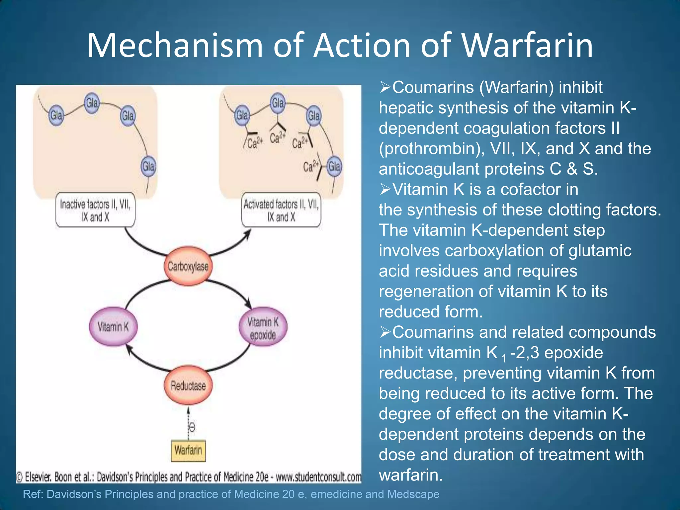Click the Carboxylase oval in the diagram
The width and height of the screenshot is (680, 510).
tap(188, 266)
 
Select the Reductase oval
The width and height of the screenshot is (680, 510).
tap(188, 385)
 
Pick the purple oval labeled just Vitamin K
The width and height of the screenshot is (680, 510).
tap(113, 327)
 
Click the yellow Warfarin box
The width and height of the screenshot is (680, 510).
tap(188, 451)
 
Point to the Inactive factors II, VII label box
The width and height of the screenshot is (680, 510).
tap(95, 210)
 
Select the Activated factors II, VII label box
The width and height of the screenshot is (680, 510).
tap(281, 210)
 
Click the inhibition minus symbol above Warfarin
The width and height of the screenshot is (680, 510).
tap(192, 427)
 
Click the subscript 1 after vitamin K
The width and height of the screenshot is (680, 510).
tap(504, 358)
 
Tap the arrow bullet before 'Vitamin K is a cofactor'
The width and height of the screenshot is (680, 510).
tap(385, 189)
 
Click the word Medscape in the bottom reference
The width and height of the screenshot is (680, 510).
tap(413, 494)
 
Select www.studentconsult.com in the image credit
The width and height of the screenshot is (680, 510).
tap(318, 477)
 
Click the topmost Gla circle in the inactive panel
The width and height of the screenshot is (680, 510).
tap(92, 103)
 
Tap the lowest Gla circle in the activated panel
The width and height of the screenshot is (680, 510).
tap(334, 166)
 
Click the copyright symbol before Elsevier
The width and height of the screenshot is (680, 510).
tap(19, 477)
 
